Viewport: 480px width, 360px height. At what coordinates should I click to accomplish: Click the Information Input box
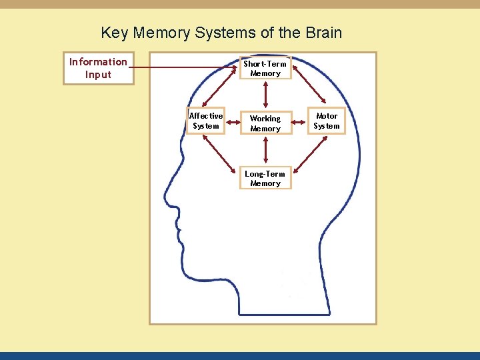click(98, 68)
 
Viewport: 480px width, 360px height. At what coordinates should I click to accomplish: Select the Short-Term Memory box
click(265, 69)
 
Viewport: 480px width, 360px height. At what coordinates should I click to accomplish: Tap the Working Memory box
click(265, 123)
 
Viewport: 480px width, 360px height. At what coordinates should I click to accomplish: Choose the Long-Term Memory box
click(265, 179)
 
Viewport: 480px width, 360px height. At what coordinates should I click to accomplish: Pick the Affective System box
click(205, 121)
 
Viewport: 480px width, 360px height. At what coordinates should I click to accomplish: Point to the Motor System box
click(327, 121)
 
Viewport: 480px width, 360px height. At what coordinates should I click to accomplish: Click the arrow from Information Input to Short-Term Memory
click(187, 67)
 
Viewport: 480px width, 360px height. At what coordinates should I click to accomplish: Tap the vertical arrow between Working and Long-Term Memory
click(265, 151)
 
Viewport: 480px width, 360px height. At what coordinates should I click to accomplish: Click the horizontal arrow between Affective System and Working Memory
click(231, 122)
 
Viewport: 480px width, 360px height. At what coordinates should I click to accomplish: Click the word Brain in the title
click(323, 33)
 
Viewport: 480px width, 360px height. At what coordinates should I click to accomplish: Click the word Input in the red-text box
click(98, 75)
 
